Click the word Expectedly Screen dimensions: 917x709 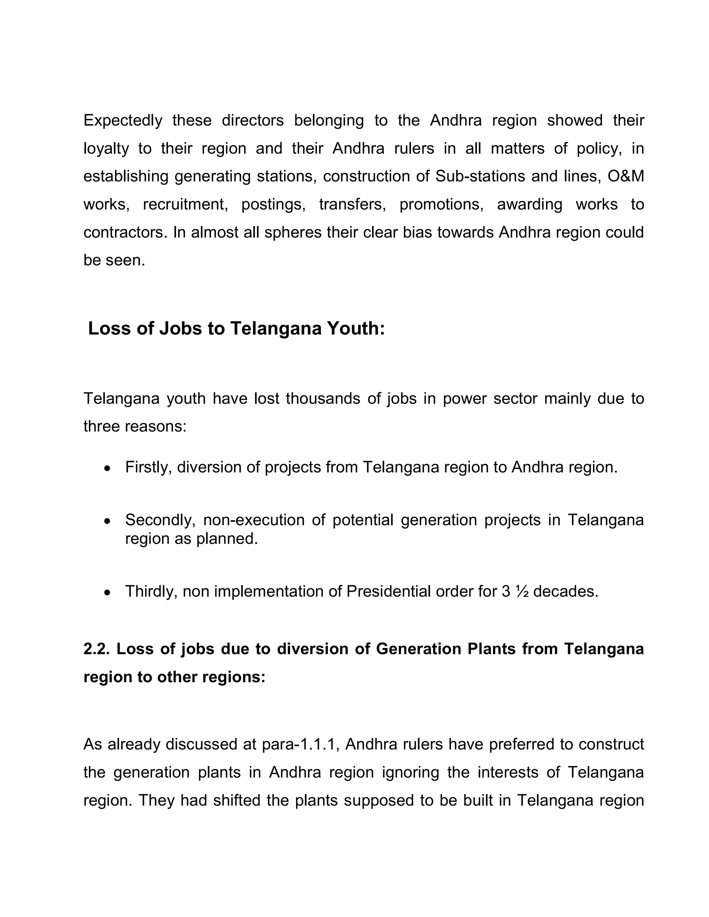123,120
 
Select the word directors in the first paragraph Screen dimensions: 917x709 252,120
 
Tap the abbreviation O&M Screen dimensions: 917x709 626,176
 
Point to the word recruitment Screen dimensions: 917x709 185,205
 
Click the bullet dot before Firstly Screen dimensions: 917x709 108,468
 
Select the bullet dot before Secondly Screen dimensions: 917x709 108,521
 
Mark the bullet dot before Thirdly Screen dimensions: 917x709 108,592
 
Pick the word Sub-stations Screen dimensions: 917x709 480,176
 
